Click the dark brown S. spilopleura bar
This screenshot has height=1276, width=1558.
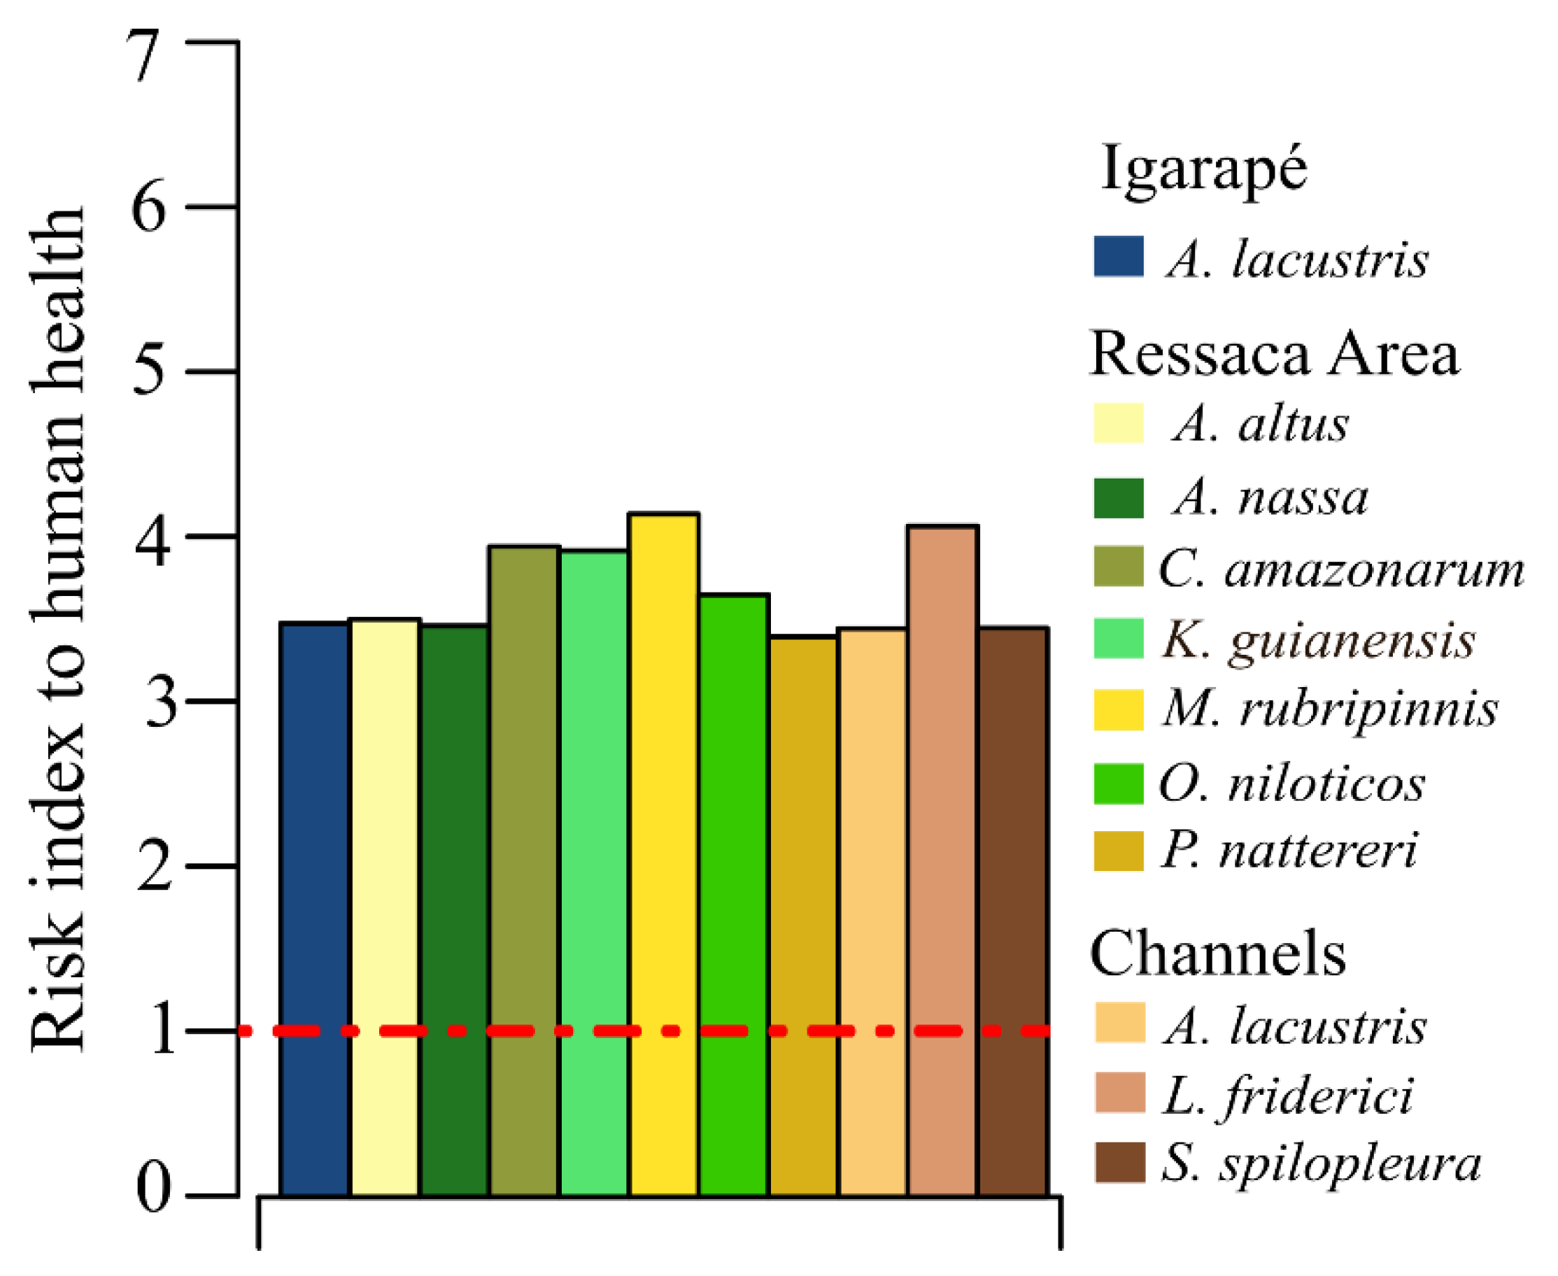click(1013, 912)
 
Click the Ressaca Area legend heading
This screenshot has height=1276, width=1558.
click(1273, 355)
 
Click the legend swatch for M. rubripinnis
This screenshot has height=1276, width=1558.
click(1118, 709)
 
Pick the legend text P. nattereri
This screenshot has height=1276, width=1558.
click(1288, 851)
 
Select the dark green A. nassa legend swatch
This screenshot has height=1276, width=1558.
click(1118, 498)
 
